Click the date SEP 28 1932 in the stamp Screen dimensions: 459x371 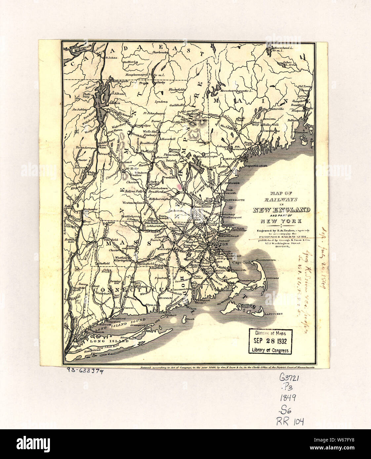270,341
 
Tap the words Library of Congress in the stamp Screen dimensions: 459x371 270,350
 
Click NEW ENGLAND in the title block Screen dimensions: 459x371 281,210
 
